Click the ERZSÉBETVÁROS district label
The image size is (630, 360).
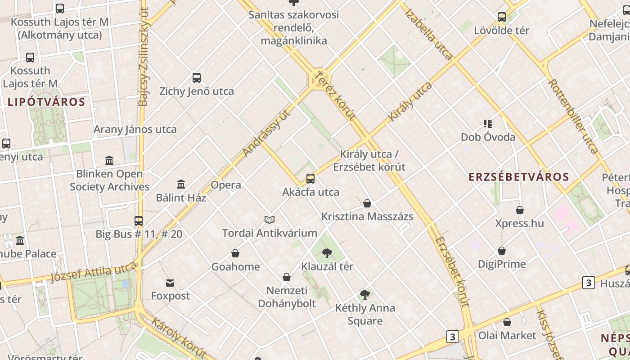(519, 177)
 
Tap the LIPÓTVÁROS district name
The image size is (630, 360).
(46, 102)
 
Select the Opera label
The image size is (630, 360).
(226, 185)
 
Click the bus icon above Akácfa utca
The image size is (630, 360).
(310, 179)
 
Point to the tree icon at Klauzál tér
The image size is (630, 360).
(327, 253)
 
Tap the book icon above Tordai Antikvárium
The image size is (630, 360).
(270, 220)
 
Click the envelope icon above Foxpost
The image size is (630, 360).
(170, 283)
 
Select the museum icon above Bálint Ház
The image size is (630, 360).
(181, 184)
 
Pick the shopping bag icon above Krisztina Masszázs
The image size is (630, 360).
(367, 203)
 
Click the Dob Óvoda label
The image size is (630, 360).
(488, 137)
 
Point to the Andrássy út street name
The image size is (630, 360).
(266, 133)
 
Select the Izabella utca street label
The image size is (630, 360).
(428, 34)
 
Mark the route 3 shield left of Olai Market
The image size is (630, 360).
(453, 337)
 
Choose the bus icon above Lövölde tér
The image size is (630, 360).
(502, 17)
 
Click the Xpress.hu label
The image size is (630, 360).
(519, 223)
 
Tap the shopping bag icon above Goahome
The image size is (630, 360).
(235, 254)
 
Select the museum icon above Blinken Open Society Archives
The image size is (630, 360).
(109, 160)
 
